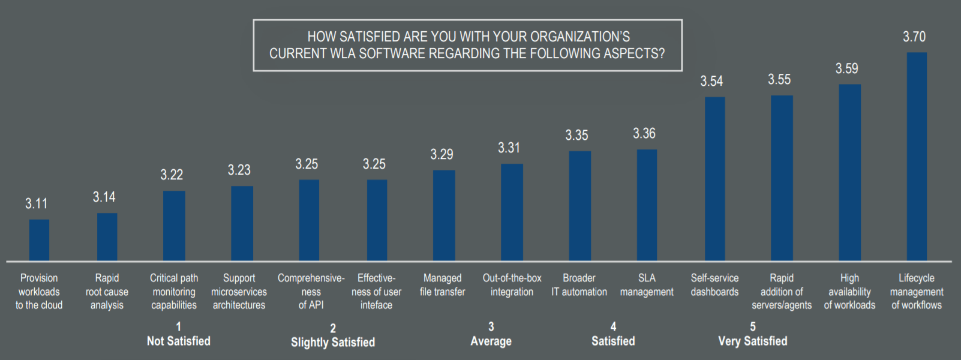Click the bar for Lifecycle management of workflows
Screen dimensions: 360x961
pyautogui.click(x=917, y=157)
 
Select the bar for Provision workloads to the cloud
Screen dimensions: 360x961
pyautogui.click(x=39, y=240)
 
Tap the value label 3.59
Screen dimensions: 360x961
pyautogui.click(x=846, y=68)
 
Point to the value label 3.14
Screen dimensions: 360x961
pyautogui.click(x=104, y=197)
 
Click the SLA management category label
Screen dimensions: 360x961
pyautogui.click(x=647, y=285)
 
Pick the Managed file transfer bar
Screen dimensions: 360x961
pyautogui.click(x=444, y=215)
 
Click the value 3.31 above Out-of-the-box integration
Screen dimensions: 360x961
pyautogui.click(x=509, y=148)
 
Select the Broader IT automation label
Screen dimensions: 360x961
pyautogui.click(x=579, y=285)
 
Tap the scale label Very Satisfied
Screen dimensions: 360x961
pyautogui.click(x=752, y=341)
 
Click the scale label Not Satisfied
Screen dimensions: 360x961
pyautogui.click(x=178, y=341)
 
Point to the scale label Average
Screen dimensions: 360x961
pyautogui.click(x=491, y=341)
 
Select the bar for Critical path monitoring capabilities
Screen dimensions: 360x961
pyautogui.click(x=174, y=226)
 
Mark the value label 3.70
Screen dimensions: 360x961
pyautogui.click(x=914, y=37)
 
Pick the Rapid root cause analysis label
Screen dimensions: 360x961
pyautogui.click(x=107, y=292)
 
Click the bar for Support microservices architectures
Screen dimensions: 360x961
pyautogui.click(x=242, y=223)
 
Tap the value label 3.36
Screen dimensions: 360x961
pyautogui.click(x=644, y=133)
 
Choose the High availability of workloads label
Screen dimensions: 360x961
pyautogui.click(x=849, y=292)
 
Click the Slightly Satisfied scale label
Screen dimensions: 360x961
pyautogui.click(x=333, y=342)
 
